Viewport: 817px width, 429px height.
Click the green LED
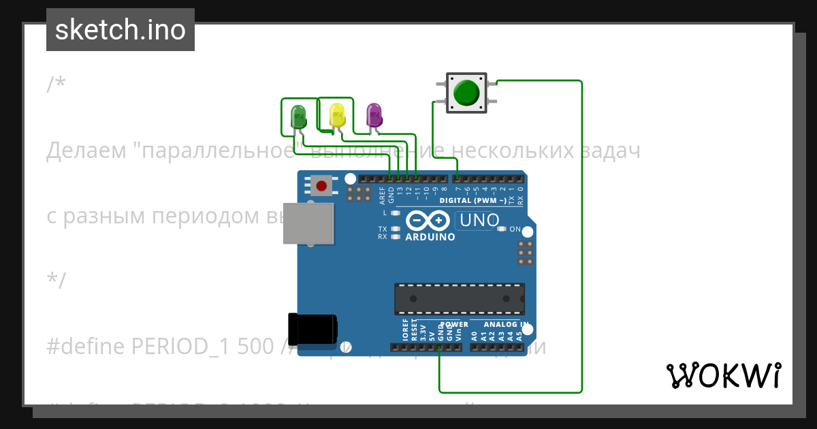298,116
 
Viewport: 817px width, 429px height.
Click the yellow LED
337,115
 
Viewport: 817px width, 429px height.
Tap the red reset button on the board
321,185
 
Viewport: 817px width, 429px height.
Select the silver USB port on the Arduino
308,223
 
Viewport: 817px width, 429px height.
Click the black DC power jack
312,329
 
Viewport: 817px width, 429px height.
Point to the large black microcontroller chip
460,298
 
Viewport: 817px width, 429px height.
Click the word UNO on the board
479,220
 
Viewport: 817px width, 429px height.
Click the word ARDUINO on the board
430,238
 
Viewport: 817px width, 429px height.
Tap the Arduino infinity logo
427,221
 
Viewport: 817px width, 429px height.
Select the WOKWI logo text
723,375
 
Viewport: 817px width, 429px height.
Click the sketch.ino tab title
120,30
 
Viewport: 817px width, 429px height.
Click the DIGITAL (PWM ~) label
472,201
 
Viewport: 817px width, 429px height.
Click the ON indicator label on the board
515,229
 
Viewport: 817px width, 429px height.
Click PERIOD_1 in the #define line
174,346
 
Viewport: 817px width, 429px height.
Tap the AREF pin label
383,195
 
